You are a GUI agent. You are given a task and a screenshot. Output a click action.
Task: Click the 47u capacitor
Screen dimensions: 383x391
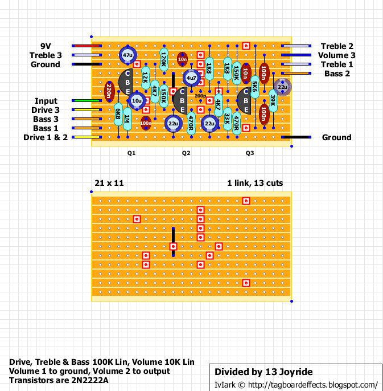click(127, 55)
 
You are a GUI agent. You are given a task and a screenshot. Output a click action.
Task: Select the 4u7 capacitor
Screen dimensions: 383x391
click(191, 78)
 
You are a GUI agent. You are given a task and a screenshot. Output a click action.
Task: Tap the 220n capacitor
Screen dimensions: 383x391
click(109, 92)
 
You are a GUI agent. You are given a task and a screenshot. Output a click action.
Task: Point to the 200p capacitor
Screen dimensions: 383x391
click(200, 96)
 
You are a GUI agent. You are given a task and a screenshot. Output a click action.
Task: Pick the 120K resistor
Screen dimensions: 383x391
click(164, 60)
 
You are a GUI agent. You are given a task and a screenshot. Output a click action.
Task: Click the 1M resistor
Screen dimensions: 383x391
click(127, 119)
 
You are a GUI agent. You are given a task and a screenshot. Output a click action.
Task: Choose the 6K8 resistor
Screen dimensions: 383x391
click(118, 114)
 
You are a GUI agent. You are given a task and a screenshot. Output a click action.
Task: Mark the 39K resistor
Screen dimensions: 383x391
click(273, 100)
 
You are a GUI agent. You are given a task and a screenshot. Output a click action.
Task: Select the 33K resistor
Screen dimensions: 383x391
click(228, 119)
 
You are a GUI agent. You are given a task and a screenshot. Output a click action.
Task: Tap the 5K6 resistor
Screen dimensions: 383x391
click(255, 87)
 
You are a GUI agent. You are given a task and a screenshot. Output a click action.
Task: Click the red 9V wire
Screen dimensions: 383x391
click(87, 46)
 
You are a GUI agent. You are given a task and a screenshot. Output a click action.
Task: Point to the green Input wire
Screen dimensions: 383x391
click(87, 100)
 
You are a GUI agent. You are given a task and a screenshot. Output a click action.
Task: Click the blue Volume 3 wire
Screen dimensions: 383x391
click(296, 55)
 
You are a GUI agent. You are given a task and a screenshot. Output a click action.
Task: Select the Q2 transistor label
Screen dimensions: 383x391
click(186, 153)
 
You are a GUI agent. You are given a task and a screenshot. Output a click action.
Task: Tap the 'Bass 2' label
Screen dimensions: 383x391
click(337, 74)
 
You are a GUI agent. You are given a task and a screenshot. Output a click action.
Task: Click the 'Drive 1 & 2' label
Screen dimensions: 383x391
click(46, 137)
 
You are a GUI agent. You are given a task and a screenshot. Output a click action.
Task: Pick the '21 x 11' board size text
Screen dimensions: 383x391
click(109, 183)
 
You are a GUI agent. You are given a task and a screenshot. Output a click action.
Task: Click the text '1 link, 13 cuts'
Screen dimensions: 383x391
click(255, 183)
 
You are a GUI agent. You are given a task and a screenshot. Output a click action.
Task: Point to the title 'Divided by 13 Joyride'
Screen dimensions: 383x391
click(263, 372)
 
